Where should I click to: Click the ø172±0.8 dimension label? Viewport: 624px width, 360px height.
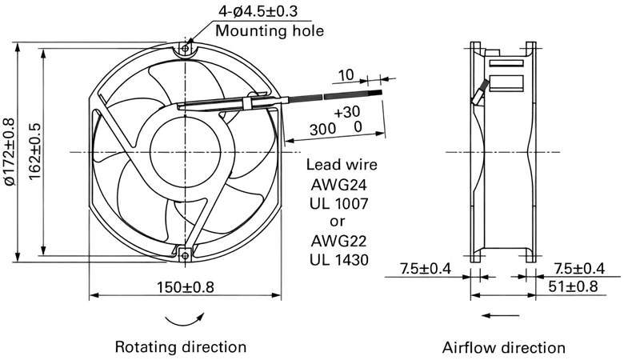(x=10, y=152)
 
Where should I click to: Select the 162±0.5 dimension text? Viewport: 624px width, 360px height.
(x=34, y=151)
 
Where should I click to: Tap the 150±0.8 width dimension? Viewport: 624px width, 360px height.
(x=185, y=287)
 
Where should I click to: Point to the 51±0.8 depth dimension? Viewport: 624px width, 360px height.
(x=573, y=286)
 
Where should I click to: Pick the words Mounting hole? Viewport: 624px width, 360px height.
(x=270, y=30)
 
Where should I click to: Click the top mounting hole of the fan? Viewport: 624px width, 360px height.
(x=185, y=49)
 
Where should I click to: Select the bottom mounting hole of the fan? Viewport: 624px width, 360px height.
(x=185, y=255)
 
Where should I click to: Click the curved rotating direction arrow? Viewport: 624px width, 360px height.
(x=185, y=321)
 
